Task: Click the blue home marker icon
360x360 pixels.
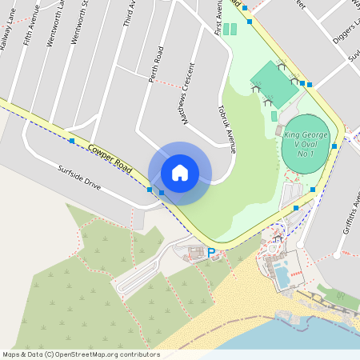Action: pos(180,173)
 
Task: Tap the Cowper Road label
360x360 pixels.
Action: pos(110,155)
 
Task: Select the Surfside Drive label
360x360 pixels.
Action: pos(78,177)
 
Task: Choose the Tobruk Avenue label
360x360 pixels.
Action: pos(228,129)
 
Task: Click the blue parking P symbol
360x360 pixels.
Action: pos(211,253)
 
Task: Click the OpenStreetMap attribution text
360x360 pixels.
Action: pos(81,354)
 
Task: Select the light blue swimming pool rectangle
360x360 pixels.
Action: pos(282,276)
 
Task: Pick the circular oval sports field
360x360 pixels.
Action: pos(305,142)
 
